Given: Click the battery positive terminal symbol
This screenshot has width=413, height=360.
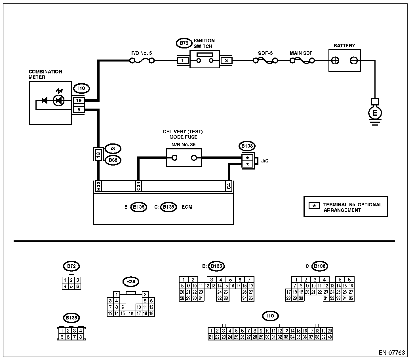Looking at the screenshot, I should [x=335, y=60].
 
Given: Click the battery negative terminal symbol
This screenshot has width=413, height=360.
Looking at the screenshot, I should [x=353, y=60].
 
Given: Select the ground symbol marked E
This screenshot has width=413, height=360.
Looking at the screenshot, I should [x=375, y=113].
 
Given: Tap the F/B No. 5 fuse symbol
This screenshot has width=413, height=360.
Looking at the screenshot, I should [x=142, y=60].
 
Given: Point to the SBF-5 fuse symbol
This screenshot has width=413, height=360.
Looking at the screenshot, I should [x=265, y=60].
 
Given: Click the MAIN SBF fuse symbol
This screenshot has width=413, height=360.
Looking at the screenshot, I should [x=302, y=60].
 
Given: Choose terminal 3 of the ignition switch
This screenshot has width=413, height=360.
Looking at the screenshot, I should [x=226, y=60].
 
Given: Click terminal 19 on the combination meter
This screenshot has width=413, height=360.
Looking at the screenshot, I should [x=79, y=100].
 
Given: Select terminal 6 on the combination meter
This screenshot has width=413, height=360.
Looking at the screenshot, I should [x=79, y=110].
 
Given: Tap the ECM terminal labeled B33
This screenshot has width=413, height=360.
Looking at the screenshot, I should [x=98, y=186].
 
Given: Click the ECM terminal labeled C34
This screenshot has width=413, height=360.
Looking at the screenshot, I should [x=138, y=186].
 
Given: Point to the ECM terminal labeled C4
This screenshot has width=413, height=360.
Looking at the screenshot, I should [x=229, y=186].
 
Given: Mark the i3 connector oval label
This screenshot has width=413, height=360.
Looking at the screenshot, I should [x=113, y=148].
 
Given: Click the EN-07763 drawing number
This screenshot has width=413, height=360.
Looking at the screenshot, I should [x=392, y=353].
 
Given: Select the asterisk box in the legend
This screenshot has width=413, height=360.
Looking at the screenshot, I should [x=314, y=205].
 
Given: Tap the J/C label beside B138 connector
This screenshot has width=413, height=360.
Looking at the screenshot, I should [x=265, y=161].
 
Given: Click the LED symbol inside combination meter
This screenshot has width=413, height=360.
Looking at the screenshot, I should [x=59, y=100].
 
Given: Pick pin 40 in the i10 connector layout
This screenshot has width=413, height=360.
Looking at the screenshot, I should [x=330, y=337].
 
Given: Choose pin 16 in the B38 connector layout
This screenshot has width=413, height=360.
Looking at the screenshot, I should [x=131, y=314].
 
